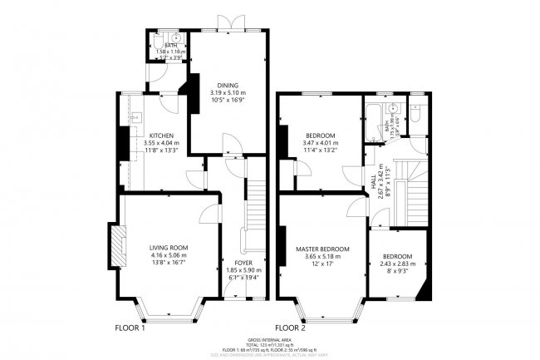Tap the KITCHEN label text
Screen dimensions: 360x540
160,135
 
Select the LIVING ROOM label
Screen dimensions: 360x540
169,248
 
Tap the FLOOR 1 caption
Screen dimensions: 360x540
130,328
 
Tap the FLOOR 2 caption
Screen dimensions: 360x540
291,328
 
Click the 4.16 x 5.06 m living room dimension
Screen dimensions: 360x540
169,255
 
